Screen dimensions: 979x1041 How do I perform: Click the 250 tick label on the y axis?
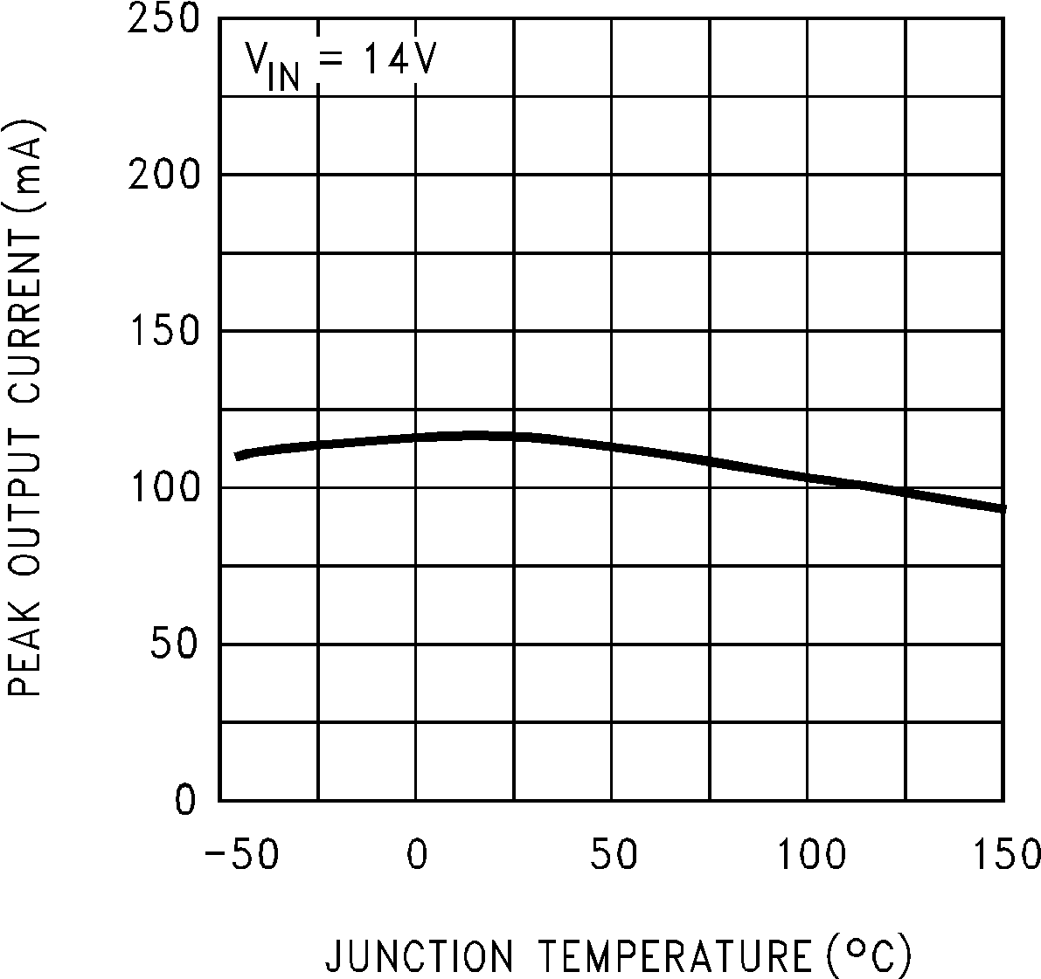[164, 19]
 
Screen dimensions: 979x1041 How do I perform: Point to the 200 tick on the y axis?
[164, 176]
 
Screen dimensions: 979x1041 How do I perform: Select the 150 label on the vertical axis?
[164, 332]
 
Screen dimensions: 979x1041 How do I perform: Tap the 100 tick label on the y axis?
[164, 488]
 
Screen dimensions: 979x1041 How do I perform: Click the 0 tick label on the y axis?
[185, 800]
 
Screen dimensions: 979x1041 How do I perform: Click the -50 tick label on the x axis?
[241, 854]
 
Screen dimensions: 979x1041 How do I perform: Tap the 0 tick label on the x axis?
[417, 854]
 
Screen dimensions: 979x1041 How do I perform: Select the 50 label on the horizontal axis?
[613, 854]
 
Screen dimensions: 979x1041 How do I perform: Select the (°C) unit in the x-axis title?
[866, 957]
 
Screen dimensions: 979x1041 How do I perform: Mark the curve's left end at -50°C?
[238, 456]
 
